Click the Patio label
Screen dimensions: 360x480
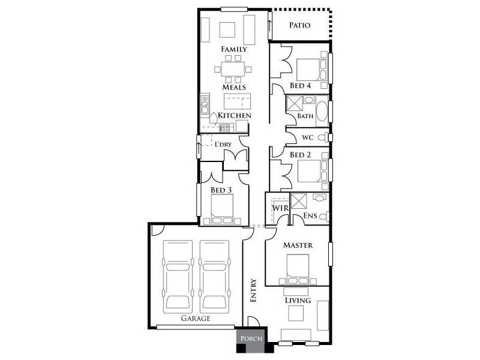click(x=299, y=25)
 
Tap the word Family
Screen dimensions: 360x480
click(x=234, y=49)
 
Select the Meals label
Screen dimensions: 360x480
click(x=234, y=87)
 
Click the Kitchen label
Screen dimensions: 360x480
click(x=234, y=115)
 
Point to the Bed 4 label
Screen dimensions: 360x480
click(x=300, y=86)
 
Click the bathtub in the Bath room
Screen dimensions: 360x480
click(x=322, y=111)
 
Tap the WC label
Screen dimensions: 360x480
click(x=308, y=137)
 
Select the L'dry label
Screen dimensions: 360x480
click(x=224, y=145)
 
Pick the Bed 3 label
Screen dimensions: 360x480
click(x=221, y=191)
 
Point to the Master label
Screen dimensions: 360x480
click(x=298, y=245)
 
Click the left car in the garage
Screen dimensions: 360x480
click(x=179, y=275)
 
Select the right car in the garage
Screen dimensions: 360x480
click(x=215, y=275)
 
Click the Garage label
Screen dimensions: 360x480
click(x=196, y=319)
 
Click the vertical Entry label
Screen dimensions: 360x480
click(x=253, y=290)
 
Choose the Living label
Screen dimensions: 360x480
click(x=298, y=300)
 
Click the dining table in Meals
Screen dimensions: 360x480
click(x=231, y=69)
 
